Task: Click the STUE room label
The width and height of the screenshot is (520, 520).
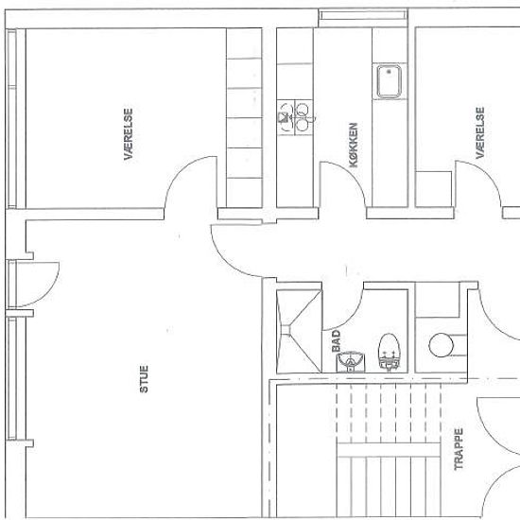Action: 144,379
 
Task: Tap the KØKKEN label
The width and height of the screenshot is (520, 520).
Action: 354,145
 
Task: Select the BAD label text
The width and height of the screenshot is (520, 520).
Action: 336,341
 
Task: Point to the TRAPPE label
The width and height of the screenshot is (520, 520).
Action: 459,449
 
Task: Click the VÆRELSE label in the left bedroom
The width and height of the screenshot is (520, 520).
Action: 129,134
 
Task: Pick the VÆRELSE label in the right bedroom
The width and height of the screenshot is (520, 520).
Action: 480,132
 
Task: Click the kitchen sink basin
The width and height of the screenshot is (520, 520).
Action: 389,81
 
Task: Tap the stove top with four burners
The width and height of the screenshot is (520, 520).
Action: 295,117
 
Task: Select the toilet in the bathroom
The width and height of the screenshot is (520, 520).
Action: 389,352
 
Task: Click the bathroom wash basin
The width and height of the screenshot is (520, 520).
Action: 351,362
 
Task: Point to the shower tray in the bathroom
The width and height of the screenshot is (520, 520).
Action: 299,331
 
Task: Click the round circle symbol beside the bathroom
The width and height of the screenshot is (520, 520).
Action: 441,345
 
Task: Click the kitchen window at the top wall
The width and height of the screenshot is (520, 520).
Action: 363,15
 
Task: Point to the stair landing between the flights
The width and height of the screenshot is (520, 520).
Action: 389,450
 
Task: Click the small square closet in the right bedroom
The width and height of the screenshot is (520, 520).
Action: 433,189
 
